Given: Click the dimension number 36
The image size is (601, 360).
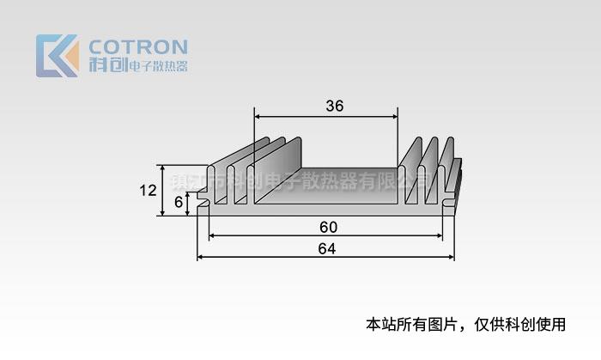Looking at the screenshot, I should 335,107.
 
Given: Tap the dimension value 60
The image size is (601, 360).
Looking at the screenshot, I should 327,227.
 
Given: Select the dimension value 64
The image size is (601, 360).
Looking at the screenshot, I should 327,249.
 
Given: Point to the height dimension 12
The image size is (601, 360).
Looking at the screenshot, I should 147,190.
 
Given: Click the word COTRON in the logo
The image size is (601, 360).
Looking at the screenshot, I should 137,46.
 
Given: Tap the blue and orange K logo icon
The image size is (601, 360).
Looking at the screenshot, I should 57,56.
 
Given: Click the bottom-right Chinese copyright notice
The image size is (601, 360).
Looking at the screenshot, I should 466,324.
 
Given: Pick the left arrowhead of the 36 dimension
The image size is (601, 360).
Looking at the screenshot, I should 258,115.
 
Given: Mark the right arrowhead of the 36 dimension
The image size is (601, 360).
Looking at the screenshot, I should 394,115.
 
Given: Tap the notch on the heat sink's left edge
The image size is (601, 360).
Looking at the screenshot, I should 203,204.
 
